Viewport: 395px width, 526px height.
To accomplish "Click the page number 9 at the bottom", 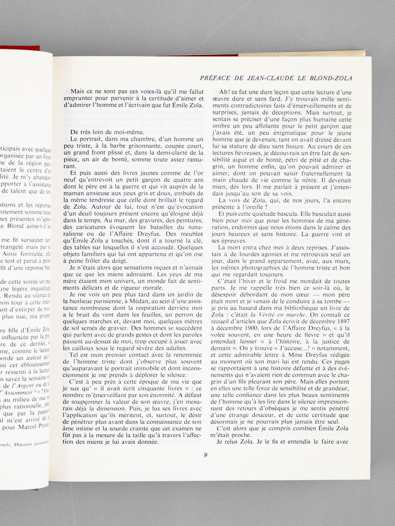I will [x=205, y=455].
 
